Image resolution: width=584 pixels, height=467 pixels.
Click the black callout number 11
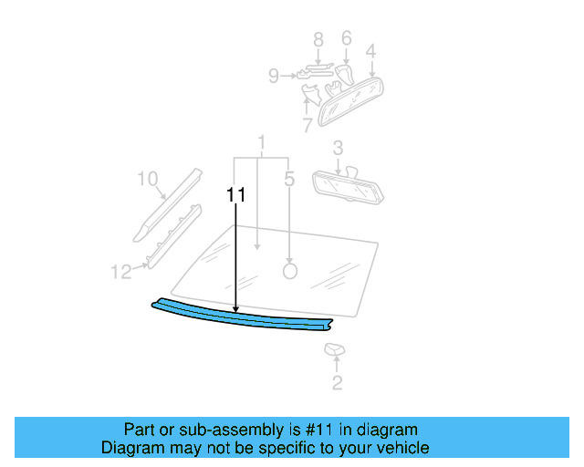click(x=236, y=195)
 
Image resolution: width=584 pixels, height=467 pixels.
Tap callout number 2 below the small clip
click(x=337, y=383)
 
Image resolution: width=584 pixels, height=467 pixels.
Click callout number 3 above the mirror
click(x=338, y=148)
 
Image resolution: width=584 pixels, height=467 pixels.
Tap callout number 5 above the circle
click(x=289, y=180)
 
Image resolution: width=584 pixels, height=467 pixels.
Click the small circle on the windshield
click(x=290, y=270)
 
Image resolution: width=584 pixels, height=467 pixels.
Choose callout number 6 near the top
click(x=346, y=38)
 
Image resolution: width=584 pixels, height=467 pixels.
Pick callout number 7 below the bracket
click(x=307, y=124)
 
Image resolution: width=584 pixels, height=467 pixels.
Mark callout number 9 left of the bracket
click(x=274, y=77)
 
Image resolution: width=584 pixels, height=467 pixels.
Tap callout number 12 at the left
click(x=121, y=271)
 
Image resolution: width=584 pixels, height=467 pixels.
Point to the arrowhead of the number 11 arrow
click(x=236, y=311)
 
